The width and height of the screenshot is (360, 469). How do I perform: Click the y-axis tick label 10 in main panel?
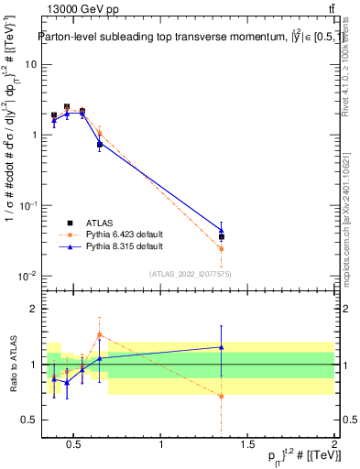30,64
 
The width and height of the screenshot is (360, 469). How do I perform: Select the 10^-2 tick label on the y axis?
27,276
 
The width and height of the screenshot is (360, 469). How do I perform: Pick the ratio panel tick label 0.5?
28,420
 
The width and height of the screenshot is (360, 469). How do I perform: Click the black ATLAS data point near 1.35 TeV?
221,236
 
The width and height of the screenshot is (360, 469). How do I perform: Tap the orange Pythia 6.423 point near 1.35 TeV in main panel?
221,248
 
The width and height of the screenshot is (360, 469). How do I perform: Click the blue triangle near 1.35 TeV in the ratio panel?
221,347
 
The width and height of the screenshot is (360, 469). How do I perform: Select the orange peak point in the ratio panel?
99,334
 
